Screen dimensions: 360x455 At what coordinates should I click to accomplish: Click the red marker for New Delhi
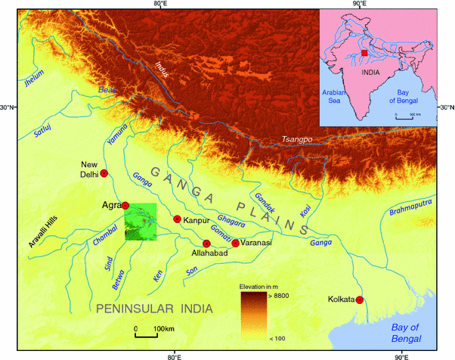(x=104, y=174)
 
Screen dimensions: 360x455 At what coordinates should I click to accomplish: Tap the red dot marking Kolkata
(x=360, y=300)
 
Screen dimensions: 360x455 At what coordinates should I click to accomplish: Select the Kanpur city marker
(x=177, y=219)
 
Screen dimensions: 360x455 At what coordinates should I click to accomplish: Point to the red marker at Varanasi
(x=236, y=243)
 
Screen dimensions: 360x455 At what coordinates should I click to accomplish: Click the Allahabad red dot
(x=206, y=244)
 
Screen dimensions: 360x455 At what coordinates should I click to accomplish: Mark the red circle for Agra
(x=125, y=205)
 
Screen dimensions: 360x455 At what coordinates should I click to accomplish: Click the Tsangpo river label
(x=296, y=139)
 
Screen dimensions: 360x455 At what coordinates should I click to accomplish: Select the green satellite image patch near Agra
(x=140, y=224)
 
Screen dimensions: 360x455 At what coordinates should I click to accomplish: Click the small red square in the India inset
(x=364, y=54)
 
